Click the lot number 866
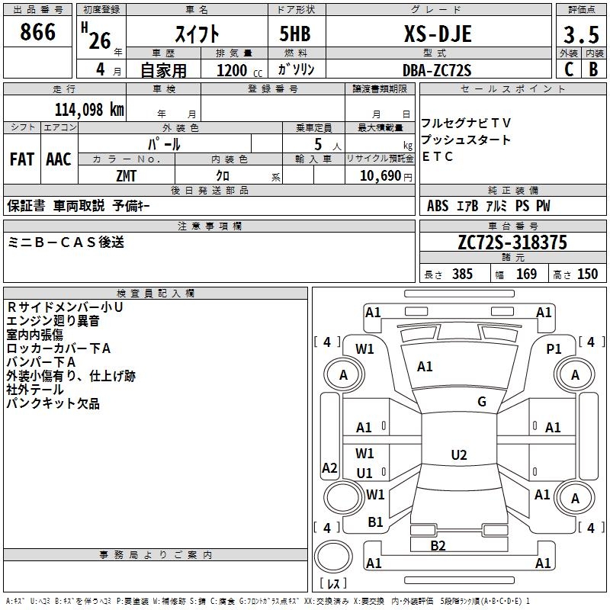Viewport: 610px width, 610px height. click(38, 32)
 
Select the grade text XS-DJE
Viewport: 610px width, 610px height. click(437, 34)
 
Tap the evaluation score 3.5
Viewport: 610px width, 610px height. click(580, 35)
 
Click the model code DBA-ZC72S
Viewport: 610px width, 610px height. click(437, 70)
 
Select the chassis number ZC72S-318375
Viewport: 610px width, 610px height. click(512, 242)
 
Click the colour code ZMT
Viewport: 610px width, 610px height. click(127, 175)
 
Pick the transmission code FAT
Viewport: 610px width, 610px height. click(22, 159)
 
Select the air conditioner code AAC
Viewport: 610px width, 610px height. click(59, 159)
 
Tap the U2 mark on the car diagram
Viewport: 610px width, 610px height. click(458, 455)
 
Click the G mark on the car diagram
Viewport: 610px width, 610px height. click(482, 402)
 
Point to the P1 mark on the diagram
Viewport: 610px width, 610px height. click(554, 348)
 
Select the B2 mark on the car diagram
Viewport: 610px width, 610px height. click(438, 545)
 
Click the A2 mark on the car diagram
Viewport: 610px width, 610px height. click(329, 468)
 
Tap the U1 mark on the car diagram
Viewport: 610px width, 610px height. click(364, 473)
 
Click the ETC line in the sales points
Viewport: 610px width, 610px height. click(438, 157)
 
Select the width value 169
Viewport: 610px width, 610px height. click(526, 274)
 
